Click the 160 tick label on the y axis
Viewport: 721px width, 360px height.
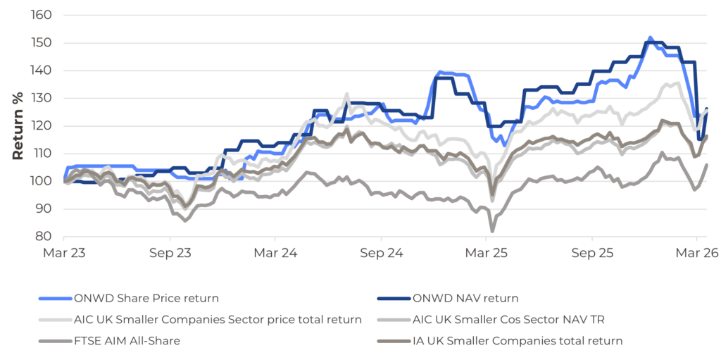pos(42,15)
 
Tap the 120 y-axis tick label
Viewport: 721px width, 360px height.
pos(42,125)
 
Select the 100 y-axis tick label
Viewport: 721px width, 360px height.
pos(42,181)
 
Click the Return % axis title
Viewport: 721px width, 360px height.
pos(18,125)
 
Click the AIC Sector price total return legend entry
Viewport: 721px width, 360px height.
pos(218,319)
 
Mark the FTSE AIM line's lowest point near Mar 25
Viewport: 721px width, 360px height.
pos(492,230)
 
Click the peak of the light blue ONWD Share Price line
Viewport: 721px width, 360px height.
pos(650,37)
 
